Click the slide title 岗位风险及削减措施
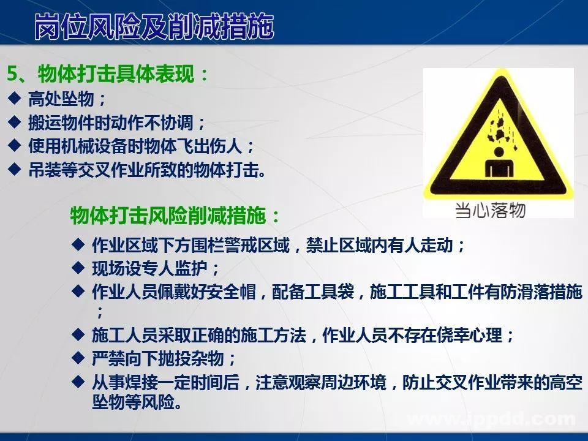pos(154,27)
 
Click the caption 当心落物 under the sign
pos(489,210)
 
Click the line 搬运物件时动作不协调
pos(116,123)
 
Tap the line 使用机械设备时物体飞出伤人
pos(141,146)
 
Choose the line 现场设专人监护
pos(156,268)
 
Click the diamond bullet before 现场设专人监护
pos(77,267)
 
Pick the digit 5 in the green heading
pos(12,75)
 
